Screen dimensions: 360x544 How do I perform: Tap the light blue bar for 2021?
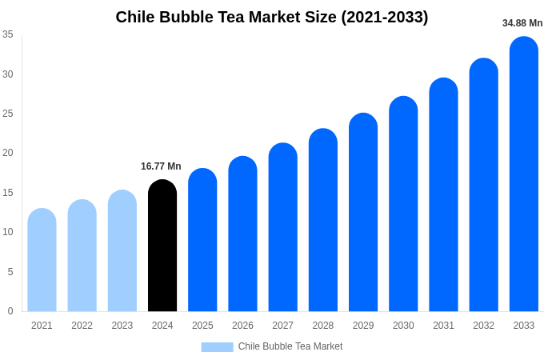pyautogui.click(x=42, y=260)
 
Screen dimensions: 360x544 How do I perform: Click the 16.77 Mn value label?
pyautogui.click(x=161, y=166)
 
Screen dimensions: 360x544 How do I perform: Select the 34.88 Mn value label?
pyautogui.click(x=522, y=23)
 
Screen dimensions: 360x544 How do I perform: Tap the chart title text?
pyautogui.click(x=272, y=17)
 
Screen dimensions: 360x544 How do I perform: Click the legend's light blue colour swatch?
pyautogui.click(x=217, y=347)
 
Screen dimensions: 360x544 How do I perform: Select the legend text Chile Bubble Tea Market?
pyautogui.click(x=290, y=346)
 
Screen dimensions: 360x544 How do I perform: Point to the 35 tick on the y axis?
pyautogui.click(x=8, y=34)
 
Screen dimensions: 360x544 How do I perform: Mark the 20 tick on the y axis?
pyautogui.click(x=8, y=153)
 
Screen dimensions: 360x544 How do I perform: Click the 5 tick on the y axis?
pyautogui.click(x=10, y=272)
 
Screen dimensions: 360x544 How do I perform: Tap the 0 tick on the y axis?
pyautogui.click(x=10, y=311)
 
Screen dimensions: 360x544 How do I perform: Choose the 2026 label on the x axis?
pyautogui.click(x=242, y=326)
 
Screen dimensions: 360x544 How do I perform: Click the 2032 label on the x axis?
pyautogui.click(x=483, y=326)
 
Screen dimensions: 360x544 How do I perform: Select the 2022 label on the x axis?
pyautogui.click(x=82, y=326)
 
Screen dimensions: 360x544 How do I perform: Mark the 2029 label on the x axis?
pyautogui.click(x=363, y=326)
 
